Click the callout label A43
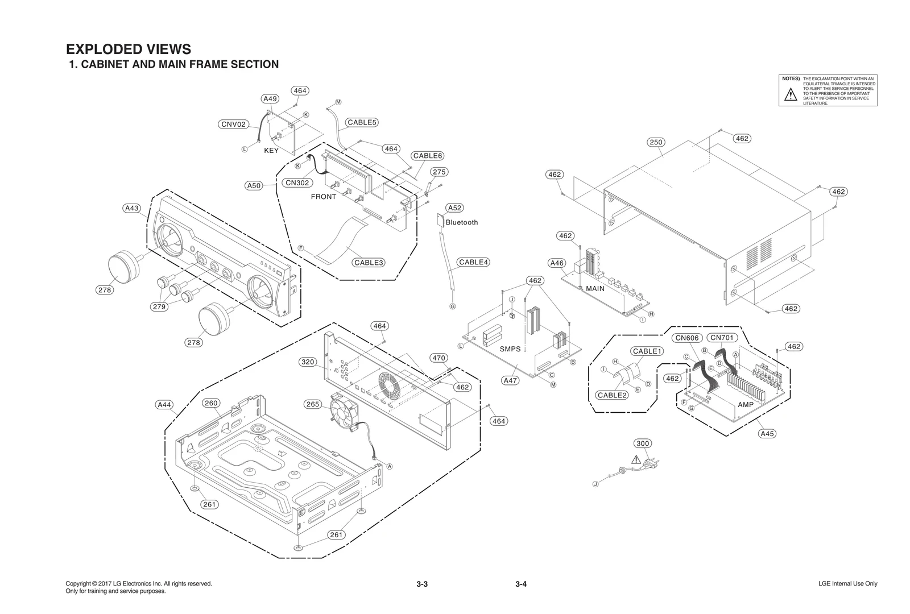132,209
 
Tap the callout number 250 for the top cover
656,142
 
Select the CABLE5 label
362,122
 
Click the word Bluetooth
462,222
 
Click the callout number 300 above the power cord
643,443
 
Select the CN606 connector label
686,338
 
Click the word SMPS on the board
510,349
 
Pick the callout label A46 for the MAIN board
557,263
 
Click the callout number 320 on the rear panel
308,362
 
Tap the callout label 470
439,358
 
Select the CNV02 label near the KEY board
234,125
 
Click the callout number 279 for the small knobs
159,307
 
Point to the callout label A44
164,405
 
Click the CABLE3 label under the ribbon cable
369,263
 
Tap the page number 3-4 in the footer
521,584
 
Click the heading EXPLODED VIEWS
129,49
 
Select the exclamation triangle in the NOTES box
791,95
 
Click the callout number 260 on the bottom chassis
211,403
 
